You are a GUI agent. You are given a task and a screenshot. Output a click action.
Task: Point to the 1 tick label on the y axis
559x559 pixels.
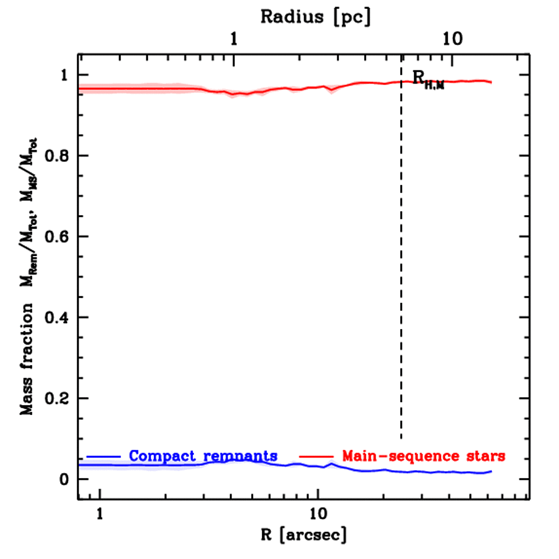[x=65, y=75]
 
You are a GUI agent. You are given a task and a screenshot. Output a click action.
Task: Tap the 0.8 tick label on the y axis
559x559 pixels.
[x=56, y=156]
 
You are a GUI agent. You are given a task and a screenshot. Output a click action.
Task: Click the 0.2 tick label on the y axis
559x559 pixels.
[x=56, y=398]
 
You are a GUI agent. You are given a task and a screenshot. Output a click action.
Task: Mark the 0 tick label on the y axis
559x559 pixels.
[x=65, y=479]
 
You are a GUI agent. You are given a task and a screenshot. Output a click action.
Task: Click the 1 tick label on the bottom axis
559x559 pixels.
[x=100, y=515]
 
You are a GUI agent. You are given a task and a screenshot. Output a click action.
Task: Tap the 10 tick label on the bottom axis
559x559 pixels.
[x=318, y=515]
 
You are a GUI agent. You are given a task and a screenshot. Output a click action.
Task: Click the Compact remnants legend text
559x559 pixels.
[x=203, y=455]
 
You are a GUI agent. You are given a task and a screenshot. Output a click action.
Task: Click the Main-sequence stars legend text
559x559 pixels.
[x=424, y=455]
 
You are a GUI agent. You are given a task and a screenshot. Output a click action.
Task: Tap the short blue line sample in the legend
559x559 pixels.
[x=103, y=455]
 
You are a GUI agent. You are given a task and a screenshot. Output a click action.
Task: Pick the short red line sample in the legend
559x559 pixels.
[x=316, y=455]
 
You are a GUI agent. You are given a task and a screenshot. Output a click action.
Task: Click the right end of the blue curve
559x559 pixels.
[x=491, y=471]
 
